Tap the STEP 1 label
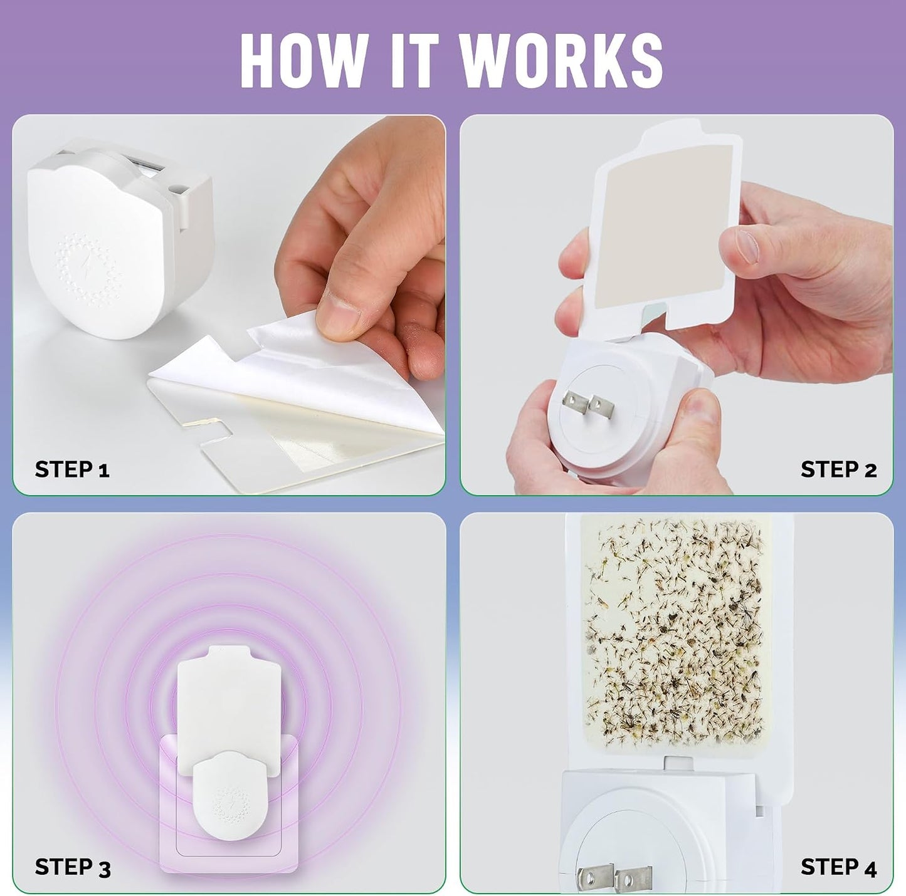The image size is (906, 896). (72, 469)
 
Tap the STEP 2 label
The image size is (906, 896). (838, 469)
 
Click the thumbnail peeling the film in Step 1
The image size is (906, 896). (336, 313)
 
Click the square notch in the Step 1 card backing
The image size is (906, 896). (218, 432)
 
